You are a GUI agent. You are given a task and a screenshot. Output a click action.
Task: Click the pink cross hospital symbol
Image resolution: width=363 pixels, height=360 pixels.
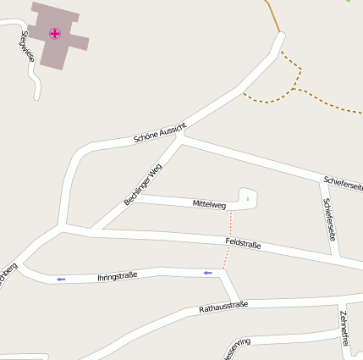[55, 34]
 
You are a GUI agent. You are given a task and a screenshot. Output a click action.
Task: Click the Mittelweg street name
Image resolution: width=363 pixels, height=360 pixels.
[209, 204]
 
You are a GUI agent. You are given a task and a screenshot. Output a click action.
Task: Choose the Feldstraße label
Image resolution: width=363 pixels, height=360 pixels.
[243, 244]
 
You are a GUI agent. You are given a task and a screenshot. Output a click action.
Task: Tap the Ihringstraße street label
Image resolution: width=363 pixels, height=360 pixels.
[118, 276]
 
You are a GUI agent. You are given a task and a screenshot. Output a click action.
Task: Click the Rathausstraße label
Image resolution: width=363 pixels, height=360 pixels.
[223, 307]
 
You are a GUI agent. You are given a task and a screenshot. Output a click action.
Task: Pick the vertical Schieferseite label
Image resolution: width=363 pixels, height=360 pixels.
[330, 219]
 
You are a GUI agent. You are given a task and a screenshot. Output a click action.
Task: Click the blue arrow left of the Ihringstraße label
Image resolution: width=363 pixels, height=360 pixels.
[60, 279]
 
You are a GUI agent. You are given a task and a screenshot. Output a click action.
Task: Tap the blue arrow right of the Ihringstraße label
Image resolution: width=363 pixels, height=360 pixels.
[207, 273]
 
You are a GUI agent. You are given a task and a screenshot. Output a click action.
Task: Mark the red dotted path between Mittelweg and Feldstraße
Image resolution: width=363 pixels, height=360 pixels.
[230, 224]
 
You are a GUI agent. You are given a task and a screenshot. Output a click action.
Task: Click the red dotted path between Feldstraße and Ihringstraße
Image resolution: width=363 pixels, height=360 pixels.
[226, 258]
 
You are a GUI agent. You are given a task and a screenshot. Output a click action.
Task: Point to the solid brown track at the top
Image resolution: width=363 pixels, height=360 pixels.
[272, 15]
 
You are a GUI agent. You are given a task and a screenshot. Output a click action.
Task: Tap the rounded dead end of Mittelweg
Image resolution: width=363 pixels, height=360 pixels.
[249, 197]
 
